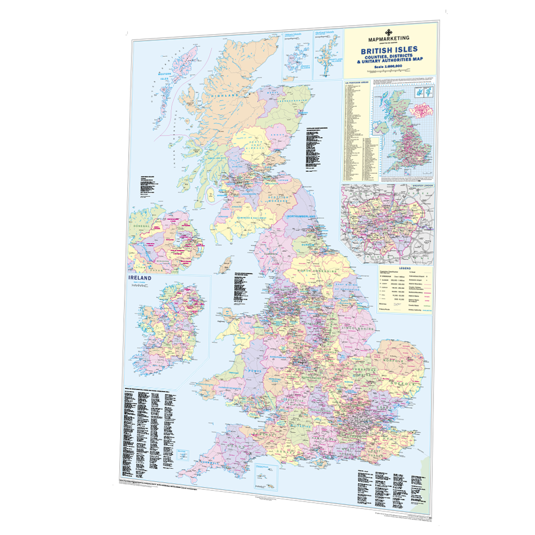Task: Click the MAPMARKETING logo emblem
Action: [x=389, y=32]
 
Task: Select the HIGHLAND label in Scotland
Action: [x=225, y=95]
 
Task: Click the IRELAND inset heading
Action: [x=139, y=278]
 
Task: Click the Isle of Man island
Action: [x=227, y=263]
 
